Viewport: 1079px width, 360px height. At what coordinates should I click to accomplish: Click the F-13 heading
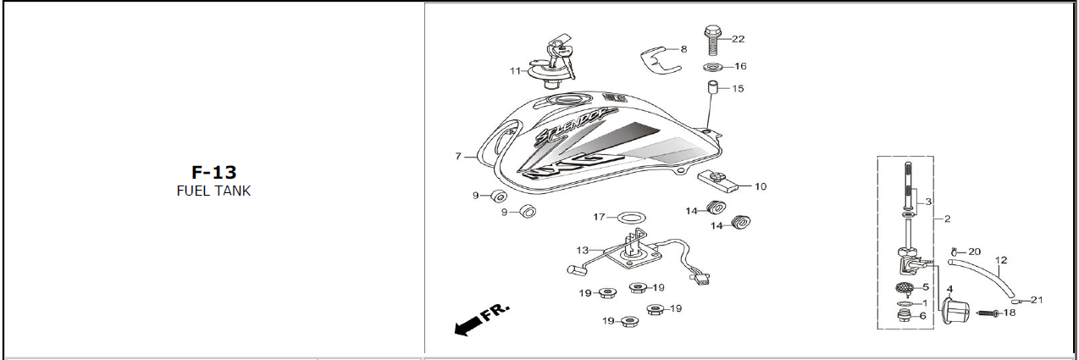[x=214, y=172]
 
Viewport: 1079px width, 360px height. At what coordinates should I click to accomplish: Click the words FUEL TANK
[x=214, y=191]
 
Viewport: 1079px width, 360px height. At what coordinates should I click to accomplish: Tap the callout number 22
[x=738, y=39]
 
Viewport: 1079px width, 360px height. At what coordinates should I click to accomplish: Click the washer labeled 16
[x=713, y=66]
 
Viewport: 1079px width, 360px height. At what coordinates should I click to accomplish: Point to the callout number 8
[x=684, y=49]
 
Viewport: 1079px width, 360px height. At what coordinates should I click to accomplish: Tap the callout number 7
[x=458, y=156]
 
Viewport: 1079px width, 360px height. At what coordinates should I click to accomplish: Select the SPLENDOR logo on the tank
[x=576, y=129]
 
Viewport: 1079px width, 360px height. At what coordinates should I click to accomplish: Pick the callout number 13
[x=583, y=250]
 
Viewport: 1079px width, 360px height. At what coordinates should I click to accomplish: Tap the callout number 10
[x=761, y=186]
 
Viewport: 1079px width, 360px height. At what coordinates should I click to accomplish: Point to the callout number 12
[x=1001, y=260]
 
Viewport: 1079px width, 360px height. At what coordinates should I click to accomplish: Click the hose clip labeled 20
[x=954, y=251]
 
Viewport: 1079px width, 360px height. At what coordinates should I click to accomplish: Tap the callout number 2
[x=947, y=219]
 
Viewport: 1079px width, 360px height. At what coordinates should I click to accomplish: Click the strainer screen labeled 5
[x=905, y=289]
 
